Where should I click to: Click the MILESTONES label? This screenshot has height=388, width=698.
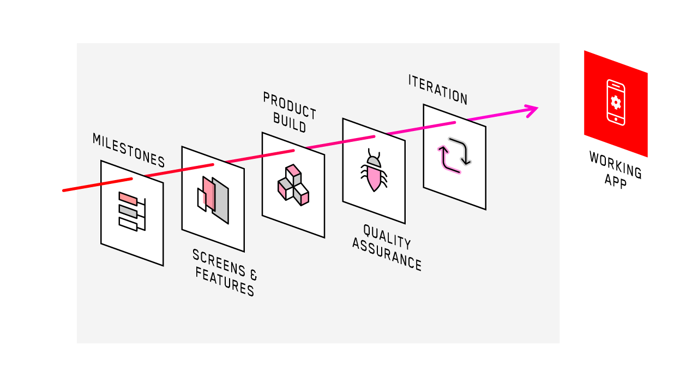pyautogui.click(x=129, y=150)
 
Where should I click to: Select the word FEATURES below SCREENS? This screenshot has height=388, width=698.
pyautogui.click(x=225, y=282)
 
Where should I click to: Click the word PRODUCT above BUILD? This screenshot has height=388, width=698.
pyautogui.click(x=290, y=105)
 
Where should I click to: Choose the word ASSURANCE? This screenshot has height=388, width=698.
pyautogui.click(x=387, y=254)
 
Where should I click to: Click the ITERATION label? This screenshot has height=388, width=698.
pyautogui.click(x=438, y=89)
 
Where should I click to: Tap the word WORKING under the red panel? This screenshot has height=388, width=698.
pyautogui.click(x=615, y=165)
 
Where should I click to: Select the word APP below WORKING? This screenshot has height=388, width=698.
pyautogui.click(x=616, y=181)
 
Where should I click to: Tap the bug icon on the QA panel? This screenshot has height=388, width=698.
pyautogui.click(x=374, y=171)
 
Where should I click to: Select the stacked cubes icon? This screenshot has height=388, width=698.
pyautogui.click(x=293, y=185)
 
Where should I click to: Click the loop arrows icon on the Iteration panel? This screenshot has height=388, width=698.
pyautogui.click(x=454, y=156)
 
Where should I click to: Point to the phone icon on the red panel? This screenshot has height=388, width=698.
pyautogui.click(x=616, y=102)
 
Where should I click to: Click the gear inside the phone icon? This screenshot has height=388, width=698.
pyautogui.click(x=616, y=102)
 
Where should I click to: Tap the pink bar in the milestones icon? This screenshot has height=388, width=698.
pyautogui.click(x=128, y=199)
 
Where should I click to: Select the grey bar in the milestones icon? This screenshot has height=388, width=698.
pyautogui.click(x=128, y=212)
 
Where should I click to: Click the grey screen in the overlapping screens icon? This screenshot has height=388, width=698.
pyautogui.click(x=221, y=201)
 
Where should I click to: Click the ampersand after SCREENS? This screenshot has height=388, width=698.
pyautogui.click(x=252, y=273)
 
